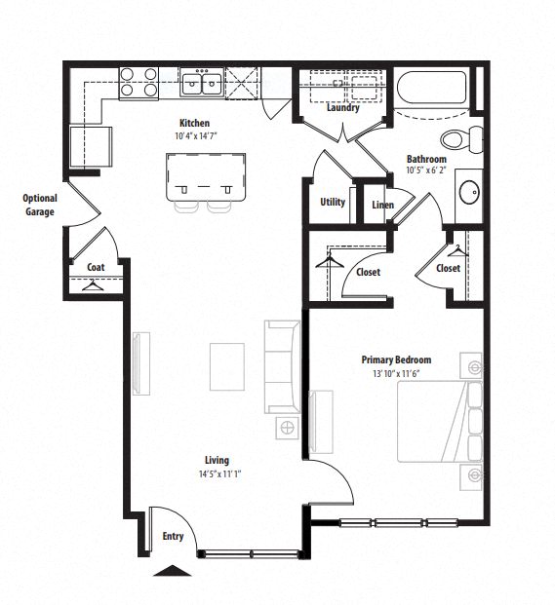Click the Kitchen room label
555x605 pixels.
[x=194, y=124]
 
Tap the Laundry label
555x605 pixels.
[x=342, y=108]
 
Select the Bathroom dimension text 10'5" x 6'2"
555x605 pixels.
[x=426, y=171]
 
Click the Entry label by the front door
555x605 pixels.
[x=172, y=536]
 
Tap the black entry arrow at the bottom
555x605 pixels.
[x=173, y=571]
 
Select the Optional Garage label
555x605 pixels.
[x=40, y=205]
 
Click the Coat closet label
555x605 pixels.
[x=96, y=267]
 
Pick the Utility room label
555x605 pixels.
[x=333, y=203]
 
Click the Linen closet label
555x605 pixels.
[x=382, y=205]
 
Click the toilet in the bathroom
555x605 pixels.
[x=458, y=140]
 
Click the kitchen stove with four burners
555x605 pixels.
[x=139, y=83]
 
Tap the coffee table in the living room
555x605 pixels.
[x=228, y=365]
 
